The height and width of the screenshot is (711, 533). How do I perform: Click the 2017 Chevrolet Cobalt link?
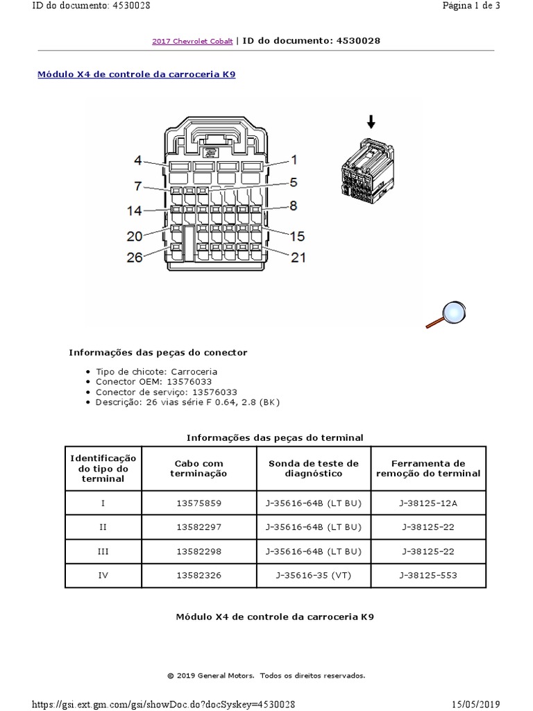coord(193,42)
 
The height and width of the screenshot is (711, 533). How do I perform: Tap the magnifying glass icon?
coord(446,313)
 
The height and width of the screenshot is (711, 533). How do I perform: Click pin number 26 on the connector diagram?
coord(135,257)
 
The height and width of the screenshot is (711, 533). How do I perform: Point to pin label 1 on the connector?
coord(294,160)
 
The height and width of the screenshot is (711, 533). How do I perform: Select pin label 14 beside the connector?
coord(135,210)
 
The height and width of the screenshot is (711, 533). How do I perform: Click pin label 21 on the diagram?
coord(298,258)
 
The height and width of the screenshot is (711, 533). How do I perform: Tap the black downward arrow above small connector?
coord(371,123)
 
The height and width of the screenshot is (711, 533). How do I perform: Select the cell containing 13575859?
coord(198,503)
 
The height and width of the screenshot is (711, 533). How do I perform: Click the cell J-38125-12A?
coord(428,503)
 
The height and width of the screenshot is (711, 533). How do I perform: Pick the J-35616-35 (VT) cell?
coord(314,575)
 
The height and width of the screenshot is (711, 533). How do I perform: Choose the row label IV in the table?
coord(103,575)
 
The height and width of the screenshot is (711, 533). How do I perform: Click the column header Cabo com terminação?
coord(198,468)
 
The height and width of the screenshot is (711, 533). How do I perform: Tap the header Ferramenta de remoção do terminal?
coord(428,468)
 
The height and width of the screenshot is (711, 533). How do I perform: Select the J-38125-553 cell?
coord(428,575)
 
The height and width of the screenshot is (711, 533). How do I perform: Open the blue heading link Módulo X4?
coord(136,74)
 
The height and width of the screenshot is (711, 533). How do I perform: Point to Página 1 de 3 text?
coord(471,6)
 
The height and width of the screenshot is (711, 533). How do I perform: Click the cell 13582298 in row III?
coord(198,551)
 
